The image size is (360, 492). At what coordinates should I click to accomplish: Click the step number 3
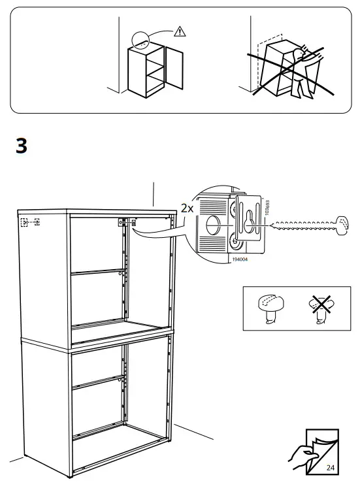click(21, 146)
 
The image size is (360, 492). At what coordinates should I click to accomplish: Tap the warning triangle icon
click(180, 31)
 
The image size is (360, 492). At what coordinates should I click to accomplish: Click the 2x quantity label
click(188, 208)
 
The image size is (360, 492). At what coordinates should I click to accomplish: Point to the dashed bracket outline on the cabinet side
click(30, 222)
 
